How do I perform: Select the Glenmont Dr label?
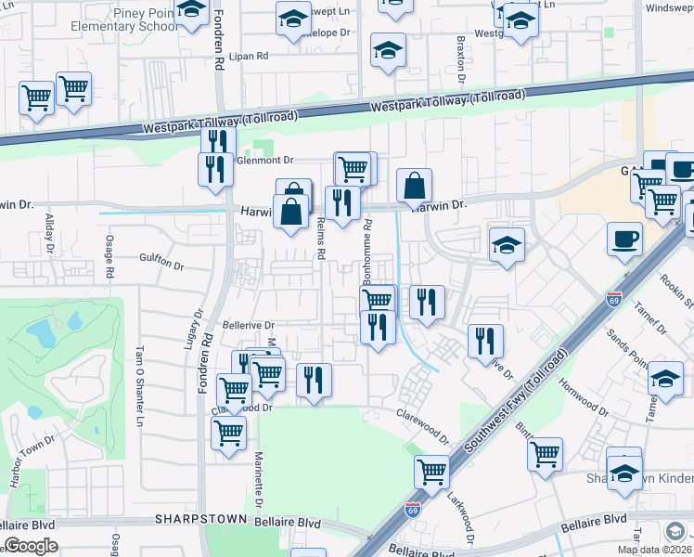[264, 160]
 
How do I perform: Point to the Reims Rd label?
[321, 239]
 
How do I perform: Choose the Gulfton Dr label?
[162, 263]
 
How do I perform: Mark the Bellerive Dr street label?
[249, 326]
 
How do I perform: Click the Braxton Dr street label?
[460, 58]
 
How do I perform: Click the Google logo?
[31, 547]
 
